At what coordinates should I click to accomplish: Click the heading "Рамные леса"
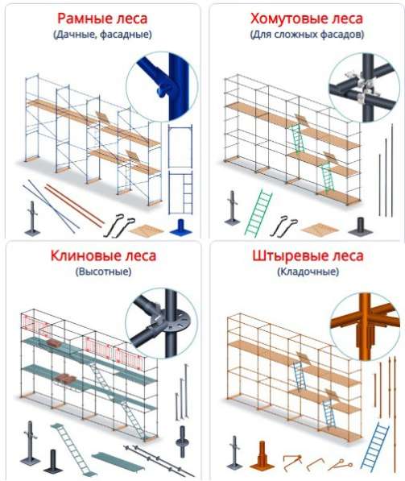coord(102,19)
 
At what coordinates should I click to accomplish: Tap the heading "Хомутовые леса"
coord(307,19)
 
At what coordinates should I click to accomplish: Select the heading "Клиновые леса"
coord(103,255)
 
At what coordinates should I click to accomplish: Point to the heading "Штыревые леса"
coord(308,255)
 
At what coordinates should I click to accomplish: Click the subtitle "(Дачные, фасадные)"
coord(102,35)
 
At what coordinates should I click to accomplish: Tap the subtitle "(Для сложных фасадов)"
coord(307,35)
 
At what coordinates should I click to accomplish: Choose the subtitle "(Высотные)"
coord(103,272)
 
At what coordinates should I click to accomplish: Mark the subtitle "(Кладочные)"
coord(308,272)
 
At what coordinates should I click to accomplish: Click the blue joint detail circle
coord(162,87)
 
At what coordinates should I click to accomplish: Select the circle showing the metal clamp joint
coord(365,88)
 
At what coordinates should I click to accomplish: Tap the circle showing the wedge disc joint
coord(161,323)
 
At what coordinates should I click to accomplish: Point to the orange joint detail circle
coord(365,326)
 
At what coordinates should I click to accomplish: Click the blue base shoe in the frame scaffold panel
coord(180,227)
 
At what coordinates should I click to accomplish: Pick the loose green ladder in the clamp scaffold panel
coord(258,214)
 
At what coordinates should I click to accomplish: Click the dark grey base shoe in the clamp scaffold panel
coord(360,226)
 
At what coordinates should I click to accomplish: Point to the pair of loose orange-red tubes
coord(75,205)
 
